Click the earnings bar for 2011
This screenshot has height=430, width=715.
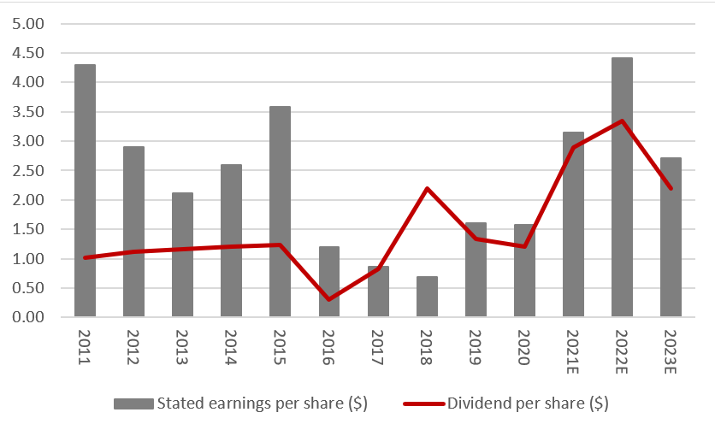point(85,191)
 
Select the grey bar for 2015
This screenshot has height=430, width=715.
point(280,211)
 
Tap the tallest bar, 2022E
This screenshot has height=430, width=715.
point(622,187)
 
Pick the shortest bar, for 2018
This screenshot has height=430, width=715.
point(427,297)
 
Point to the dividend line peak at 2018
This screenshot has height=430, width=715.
point(427,188)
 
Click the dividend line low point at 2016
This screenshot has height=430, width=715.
point(329,299)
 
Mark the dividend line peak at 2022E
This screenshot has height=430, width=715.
point(622,121)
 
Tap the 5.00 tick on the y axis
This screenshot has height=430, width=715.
point(27,24)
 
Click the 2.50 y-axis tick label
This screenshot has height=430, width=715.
point(27,171)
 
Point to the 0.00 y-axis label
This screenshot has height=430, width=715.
point(27,317)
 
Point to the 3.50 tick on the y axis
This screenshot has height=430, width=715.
point(27,112)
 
